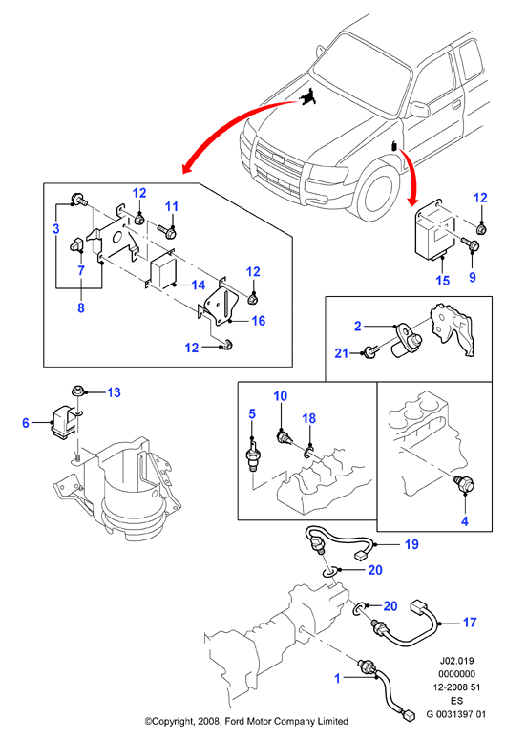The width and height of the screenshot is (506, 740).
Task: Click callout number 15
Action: [442, 281]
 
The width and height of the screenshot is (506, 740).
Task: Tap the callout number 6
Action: [26, 422]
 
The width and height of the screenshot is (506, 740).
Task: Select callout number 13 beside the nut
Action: [114, 392]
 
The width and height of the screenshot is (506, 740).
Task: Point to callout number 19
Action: [411, 544]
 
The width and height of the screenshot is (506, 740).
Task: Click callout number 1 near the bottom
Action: [337, 678]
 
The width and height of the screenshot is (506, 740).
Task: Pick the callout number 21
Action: [341, 353]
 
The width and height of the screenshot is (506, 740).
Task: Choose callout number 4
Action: [465, 521]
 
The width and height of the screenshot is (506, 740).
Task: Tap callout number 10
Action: [281, 395]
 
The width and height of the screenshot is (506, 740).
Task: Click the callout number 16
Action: [259, 321]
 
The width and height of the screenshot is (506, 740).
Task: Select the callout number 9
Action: [473, 277]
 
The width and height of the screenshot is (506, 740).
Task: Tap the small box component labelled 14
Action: [162, 272]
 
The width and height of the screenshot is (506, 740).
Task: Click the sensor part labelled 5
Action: [253, 456]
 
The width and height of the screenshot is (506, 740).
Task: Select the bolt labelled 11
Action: [168, 231]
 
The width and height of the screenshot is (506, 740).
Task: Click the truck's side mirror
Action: [420, 109]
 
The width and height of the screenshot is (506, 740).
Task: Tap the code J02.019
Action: [456, 661]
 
